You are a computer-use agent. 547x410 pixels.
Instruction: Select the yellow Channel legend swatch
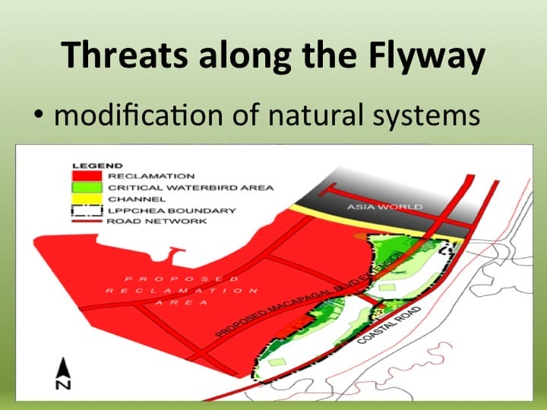tap(89, 199)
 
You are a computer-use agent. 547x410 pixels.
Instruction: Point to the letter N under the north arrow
tap(64, 385)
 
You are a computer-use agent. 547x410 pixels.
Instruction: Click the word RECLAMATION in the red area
tap(182, 291)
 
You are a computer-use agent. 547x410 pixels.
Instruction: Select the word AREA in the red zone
tap(181, 302)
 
